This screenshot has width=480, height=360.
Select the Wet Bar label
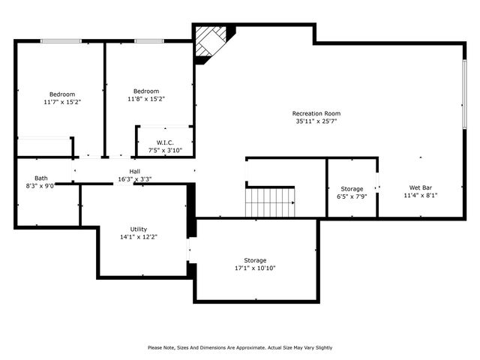click(420, 187)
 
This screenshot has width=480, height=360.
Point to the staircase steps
click(271, 201)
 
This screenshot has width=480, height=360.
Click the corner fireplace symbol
click(211, 42)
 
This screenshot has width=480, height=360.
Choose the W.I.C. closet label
click(166, 142)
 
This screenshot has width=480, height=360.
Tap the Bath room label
click(40, 178)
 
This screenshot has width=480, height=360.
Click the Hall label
click(134, 171)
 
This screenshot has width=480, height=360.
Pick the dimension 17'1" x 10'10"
click(255, 268)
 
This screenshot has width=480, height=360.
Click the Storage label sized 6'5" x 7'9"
click(352, 189)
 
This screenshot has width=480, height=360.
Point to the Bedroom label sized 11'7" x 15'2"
click(62, 94)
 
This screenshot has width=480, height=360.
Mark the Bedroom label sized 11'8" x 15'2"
click(146, 91)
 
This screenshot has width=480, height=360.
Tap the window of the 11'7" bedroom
click(61, 40)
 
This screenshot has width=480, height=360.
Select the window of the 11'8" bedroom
click(150, 40)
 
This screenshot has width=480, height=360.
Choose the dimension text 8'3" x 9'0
click(40, 185)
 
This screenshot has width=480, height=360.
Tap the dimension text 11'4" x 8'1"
click(420, 195)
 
